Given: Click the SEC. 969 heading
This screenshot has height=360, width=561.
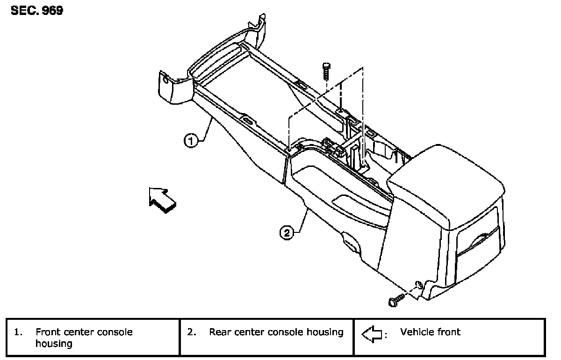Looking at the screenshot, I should click(x=36, y=11).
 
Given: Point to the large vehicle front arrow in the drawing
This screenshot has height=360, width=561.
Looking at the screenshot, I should click(x=162, y=200).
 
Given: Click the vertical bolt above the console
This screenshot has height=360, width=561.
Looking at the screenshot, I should click(x=326, y=72).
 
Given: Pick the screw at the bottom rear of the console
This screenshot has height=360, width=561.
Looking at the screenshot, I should click(x=396, y=299).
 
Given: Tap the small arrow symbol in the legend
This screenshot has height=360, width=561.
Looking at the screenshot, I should click(x=373, y=334).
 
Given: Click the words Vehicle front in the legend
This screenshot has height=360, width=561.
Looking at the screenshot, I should click(x=430, y=332).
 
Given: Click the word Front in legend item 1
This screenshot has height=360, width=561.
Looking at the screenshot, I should click(x=48, y=332).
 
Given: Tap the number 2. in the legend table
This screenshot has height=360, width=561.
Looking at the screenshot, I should click(x=191, y=332).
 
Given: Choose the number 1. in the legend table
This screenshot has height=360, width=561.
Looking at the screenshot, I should click(x=18, y=332).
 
